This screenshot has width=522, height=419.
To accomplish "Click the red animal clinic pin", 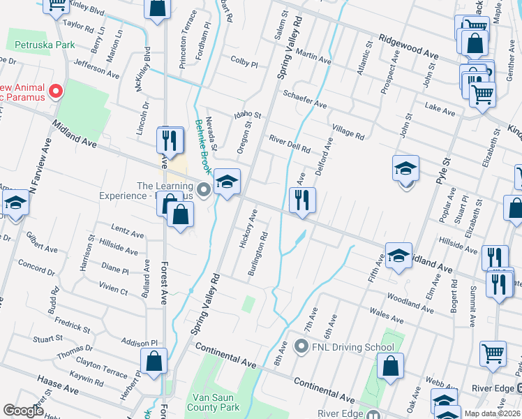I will click(x=56, y=91).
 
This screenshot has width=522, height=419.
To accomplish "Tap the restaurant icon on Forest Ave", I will click(x=170, y=140).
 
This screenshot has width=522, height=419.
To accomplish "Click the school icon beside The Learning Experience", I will click(x=226, y=183).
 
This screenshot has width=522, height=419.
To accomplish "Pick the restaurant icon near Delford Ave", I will click(x=301, y=200).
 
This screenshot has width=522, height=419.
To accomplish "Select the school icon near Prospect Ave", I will click(x=405, y=169).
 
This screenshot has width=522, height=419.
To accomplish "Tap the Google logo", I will click(x=23, y=411).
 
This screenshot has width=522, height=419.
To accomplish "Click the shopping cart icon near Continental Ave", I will click(x=492, y=354).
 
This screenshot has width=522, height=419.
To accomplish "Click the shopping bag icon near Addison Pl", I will click(x=154, y=362).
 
